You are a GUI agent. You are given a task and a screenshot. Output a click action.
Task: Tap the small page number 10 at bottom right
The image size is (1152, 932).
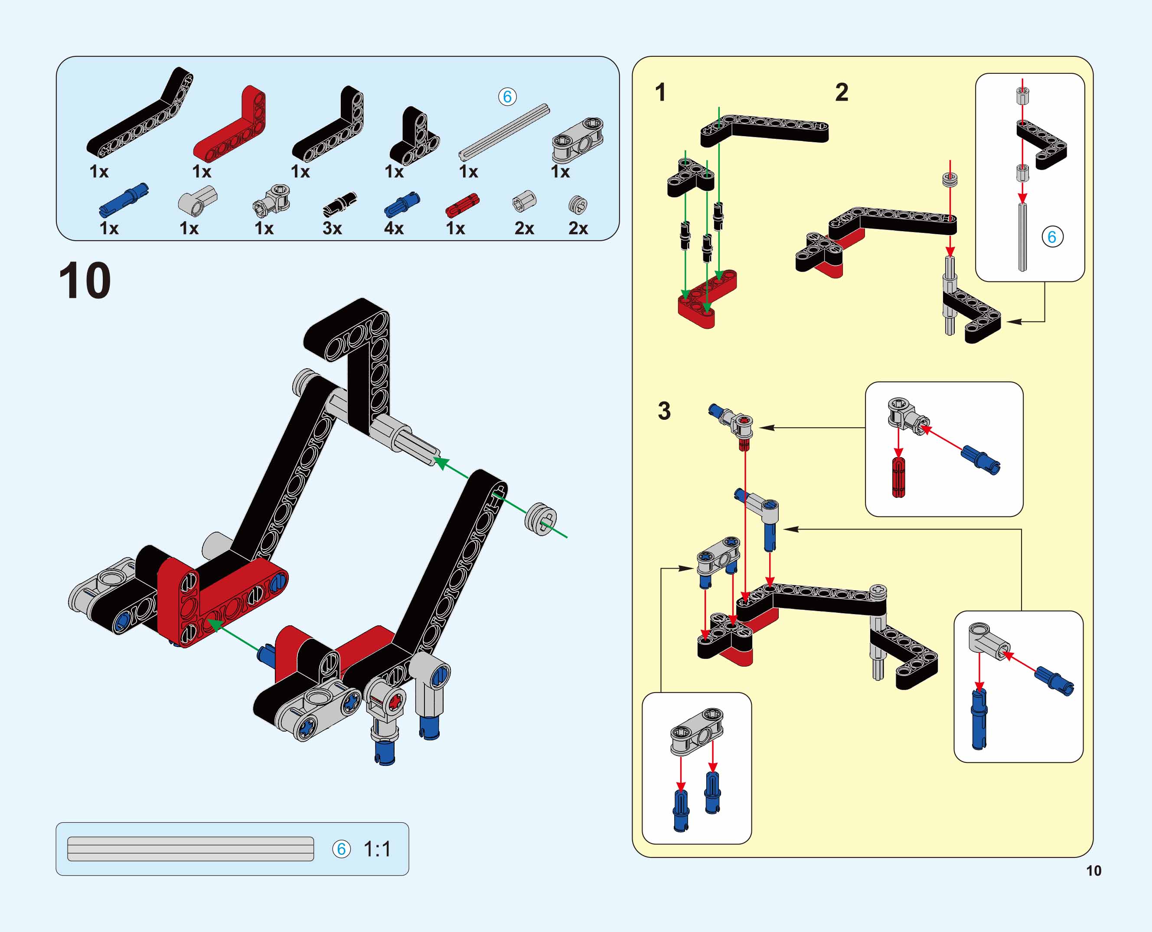[x=1093, y=871]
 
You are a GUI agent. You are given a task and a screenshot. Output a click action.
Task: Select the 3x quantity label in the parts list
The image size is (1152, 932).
[x=332, y=228]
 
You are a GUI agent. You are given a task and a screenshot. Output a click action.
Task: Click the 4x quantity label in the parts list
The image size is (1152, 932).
[x=394, y=228]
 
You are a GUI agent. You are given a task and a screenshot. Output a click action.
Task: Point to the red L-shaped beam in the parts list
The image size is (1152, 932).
[x=230, y=124]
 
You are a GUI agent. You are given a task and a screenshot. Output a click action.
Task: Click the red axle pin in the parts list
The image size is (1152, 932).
[x=462, y=205]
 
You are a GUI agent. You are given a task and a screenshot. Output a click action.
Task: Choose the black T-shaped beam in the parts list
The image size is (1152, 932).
[x=414, y=136]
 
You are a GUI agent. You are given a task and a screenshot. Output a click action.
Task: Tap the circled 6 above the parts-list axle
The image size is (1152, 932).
[x=507, y=97]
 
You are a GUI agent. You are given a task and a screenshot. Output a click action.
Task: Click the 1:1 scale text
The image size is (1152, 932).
[x=377, y=849]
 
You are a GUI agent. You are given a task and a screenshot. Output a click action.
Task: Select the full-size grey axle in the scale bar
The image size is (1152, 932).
[x=191, y=849]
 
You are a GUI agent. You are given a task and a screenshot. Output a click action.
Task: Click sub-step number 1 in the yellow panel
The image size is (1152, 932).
[x=660, y=92]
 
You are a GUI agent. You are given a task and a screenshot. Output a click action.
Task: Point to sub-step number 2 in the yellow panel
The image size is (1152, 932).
[x=842, y=92]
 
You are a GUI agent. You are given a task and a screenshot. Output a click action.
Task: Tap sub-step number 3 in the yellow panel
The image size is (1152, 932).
[x=665, y=411]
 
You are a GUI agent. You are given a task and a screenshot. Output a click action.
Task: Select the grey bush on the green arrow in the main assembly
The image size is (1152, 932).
[x=541, y=519]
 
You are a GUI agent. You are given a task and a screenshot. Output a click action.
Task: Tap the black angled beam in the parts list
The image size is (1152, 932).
[x=140, y=113]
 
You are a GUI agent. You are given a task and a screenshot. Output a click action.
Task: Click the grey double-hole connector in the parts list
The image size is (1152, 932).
[x=578, y=140]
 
